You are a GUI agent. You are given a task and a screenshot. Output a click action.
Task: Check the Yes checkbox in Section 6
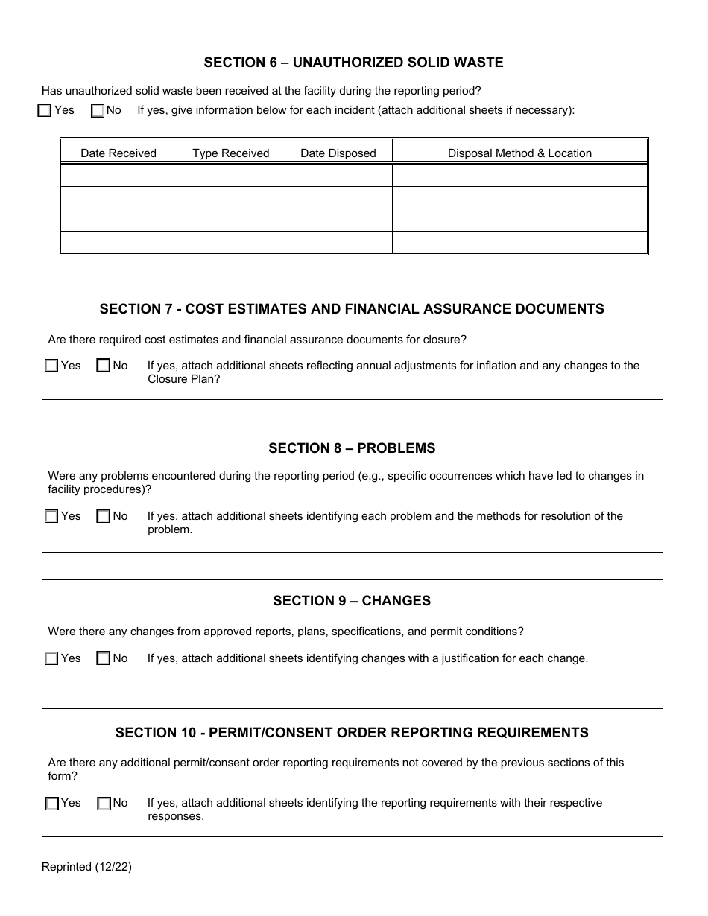click(45, 111)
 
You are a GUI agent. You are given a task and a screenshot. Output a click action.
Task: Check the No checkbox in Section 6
click(98, 111)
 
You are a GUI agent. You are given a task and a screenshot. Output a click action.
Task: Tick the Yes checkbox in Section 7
click(51, 366)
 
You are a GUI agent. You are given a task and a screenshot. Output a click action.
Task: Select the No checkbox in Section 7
click(104, 366)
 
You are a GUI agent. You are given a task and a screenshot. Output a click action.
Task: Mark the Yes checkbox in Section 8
click(51, 516)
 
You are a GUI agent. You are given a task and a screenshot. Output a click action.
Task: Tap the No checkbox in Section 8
click(104, 516)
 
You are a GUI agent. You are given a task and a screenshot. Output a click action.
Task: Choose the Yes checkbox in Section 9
click(51, 658)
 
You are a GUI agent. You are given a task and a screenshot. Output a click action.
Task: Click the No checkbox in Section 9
click(104, 658)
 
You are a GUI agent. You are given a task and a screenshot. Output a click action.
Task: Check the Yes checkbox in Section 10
click(51, 804)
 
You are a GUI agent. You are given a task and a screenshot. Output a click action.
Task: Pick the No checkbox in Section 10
click(104, 804)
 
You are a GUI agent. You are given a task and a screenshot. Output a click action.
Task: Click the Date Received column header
click(118, 153)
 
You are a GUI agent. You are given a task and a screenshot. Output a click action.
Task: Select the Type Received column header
click(231, 153)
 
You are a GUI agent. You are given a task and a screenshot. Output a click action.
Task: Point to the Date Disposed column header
click(338, 153)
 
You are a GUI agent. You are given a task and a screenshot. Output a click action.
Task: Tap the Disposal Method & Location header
click(519, 153)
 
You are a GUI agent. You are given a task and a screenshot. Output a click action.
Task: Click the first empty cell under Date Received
click(118, 176)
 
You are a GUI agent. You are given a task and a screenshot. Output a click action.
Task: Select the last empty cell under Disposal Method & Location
click(519, 243)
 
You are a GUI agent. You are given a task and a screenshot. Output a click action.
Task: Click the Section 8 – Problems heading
click(352, 448)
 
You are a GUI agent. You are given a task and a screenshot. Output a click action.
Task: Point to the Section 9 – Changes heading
click(352, 601)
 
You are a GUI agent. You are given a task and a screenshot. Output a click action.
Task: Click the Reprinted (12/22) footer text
click(86, 866)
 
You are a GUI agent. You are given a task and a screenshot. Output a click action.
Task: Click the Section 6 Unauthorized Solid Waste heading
click(353, 63)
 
